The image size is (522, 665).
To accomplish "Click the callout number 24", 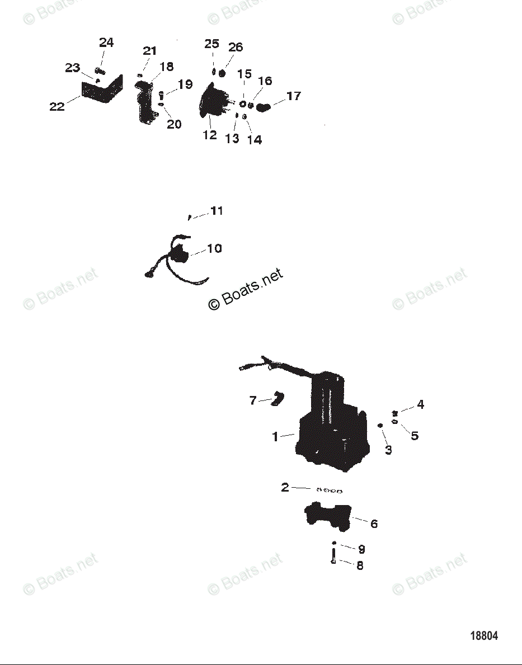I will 106,43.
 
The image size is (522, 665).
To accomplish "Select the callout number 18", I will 167,67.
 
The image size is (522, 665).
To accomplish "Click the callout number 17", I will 294,96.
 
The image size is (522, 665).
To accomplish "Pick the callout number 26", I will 236,48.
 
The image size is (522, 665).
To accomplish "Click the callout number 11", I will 217,211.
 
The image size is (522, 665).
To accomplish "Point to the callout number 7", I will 253,400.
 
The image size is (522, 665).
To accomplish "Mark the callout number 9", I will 361,549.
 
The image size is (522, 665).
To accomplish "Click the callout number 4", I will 420,405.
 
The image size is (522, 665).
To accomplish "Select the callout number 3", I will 388,450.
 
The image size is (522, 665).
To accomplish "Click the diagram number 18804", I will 484,636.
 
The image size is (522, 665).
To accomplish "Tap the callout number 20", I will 174,124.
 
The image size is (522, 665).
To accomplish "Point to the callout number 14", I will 255,139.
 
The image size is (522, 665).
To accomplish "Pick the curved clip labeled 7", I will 277,400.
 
